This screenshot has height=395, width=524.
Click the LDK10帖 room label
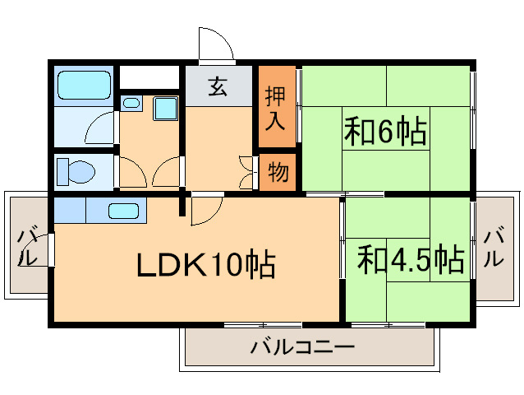click(205, 264)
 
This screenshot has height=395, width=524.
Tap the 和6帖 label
click(384, 131)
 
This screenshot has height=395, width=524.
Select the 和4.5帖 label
click(411, 260)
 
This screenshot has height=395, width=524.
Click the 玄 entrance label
click(217, 86)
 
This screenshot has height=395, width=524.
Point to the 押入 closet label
click(276, 108)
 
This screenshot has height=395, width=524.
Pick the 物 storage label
click(277, 173)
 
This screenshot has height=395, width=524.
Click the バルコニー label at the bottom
click(303, 346)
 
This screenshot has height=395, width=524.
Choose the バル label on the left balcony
click(27, 244)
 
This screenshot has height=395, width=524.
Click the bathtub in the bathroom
click(84, 84)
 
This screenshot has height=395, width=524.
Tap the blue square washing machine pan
click(165, 108)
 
